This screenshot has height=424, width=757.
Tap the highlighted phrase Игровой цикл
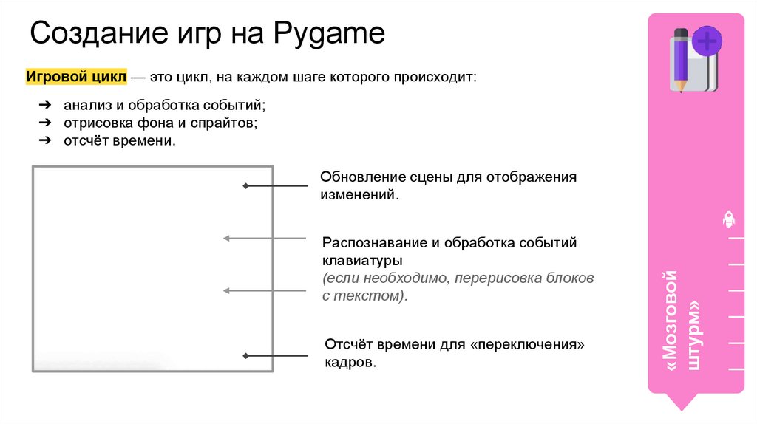click(x=75, y=77)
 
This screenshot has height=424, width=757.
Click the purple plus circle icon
click(x=707, y=41)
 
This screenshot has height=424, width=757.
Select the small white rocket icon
click(x=728, y=219)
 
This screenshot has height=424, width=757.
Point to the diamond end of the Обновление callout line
click(x=245, y=186)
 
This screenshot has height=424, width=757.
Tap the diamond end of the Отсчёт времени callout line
click(x=245, y=355)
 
